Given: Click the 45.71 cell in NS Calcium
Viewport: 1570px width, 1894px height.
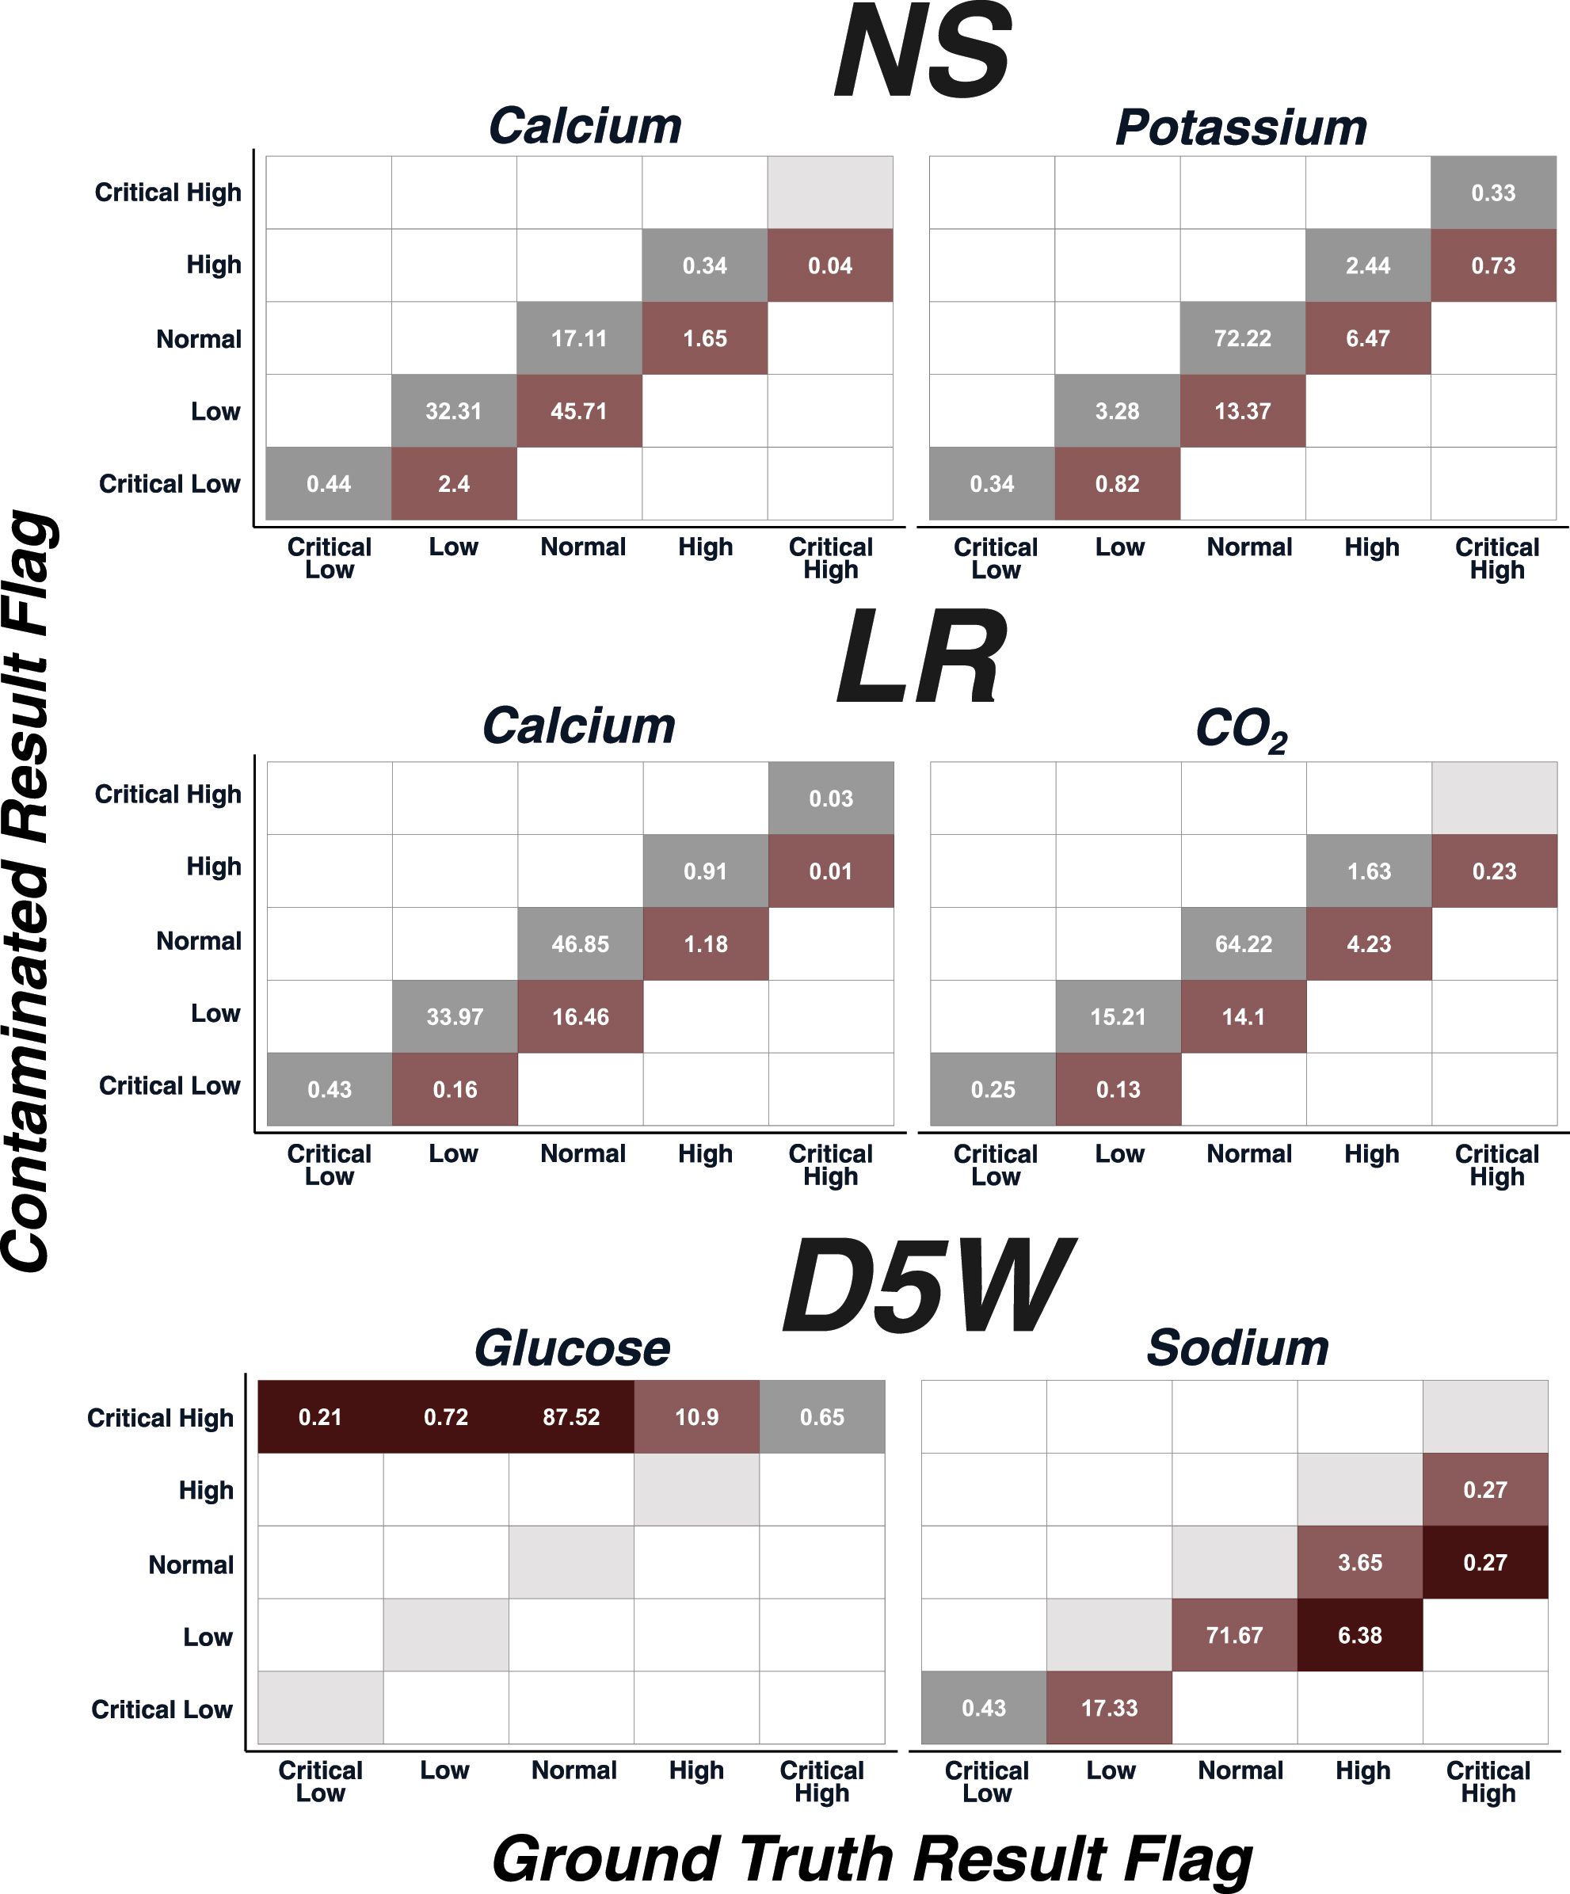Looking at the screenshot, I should pyautogui.click(x=578, y=411).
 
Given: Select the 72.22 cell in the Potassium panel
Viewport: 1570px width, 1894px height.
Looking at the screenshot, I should pyautogui.click(x=1242, y=338).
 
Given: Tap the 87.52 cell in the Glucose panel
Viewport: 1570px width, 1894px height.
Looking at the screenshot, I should pyautogui.click(x=571, y=1417).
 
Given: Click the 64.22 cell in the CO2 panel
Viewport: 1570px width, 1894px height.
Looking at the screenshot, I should pyautogui.click(x=1243, y=944).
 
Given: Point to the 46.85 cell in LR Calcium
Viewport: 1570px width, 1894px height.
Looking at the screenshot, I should pyautogui.click(x=580, y=944).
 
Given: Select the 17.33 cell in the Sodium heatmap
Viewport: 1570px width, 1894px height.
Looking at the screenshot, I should pyautogui.click(x=1108, y=1708).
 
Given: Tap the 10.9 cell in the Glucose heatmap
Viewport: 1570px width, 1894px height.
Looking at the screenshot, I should pyautogui.click(x=696, y=1417).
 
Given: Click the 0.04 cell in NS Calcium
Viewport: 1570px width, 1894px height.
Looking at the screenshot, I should pyautogui.click(x=829, y=265).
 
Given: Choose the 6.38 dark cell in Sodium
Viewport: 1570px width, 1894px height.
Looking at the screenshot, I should pyautogui.click(x=1359, y=1635).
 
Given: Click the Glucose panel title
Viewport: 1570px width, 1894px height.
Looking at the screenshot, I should pyautogui.click(x=572, y=1348).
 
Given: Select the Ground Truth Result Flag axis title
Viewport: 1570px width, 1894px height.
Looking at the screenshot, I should pyautogui.click(x=871, y=1860).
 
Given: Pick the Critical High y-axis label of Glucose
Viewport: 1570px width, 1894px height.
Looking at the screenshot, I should pyautogui.click(x=160, y=1418).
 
